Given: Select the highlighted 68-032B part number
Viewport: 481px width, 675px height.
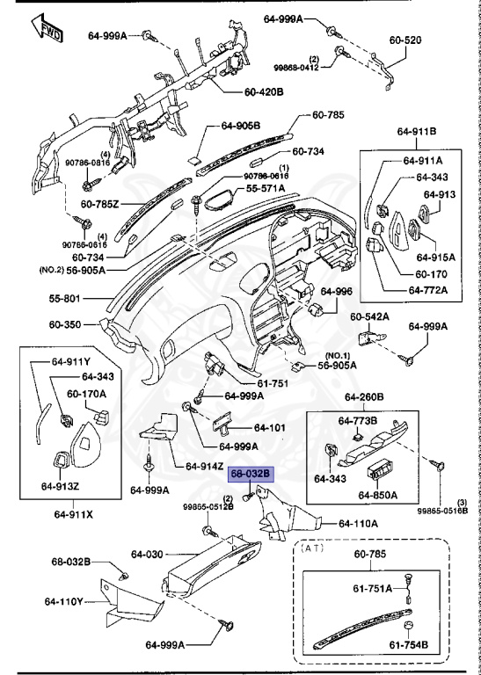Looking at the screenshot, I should [x=251, y=474].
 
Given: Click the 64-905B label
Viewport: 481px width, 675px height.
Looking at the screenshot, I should [x=241, y=126].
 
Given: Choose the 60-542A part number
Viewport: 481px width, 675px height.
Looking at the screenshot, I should [x=370, y=316].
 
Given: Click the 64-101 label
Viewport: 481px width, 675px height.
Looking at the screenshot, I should [x=271, y=428].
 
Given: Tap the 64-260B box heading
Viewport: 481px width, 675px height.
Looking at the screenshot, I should [x=366, y=396].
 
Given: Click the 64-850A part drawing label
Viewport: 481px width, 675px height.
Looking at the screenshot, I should [x=378, y=494].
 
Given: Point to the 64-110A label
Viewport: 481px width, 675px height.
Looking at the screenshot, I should [x=354, y=523].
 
